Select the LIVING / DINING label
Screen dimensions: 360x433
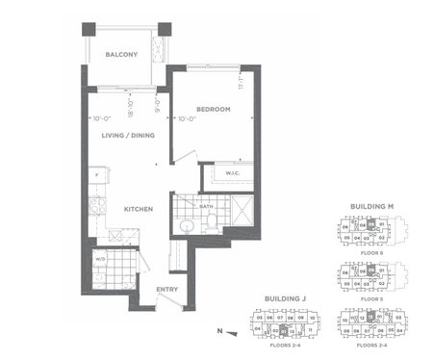point(128,136)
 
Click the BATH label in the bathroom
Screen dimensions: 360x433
point(206,205)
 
